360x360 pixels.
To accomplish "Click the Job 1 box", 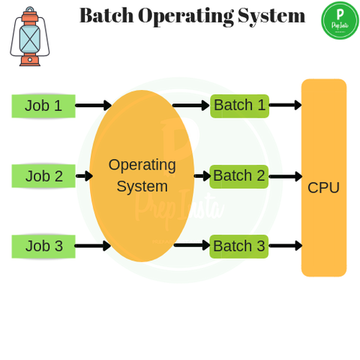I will [43, 106].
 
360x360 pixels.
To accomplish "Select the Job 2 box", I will [43, 176].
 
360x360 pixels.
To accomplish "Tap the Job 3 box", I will [43, 246].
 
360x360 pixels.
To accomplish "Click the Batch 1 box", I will [239, 106].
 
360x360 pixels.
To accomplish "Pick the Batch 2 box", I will [238, 176].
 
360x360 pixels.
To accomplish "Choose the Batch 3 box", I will [238, 246].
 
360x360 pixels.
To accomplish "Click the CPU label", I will [323, 187].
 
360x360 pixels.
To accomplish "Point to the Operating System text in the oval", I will [142, 175].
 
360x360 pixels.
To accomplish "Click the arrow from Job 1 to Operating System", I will [93, 106].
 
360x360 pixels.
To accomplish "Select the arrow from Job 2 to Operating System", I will [84, 176].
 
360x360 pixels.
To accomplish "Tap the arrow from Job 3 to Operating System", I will [92, 246].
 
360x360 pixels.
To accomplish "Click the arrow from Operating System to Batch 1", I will [190, 106].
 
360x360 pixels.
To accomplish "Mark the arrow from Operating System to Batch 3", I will [192, 245].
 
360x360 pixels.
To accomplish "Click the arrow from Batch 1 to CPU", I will [285, 106].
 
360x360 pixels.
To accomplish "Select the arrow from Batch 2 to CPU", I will [285, 176].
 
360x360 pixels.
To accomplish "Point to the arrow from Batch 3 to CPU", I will [285, 246].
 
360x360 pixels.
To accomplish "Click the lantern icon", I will [30, 37].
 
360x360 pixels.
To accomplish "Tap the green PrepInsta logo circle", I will [340, 20].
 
